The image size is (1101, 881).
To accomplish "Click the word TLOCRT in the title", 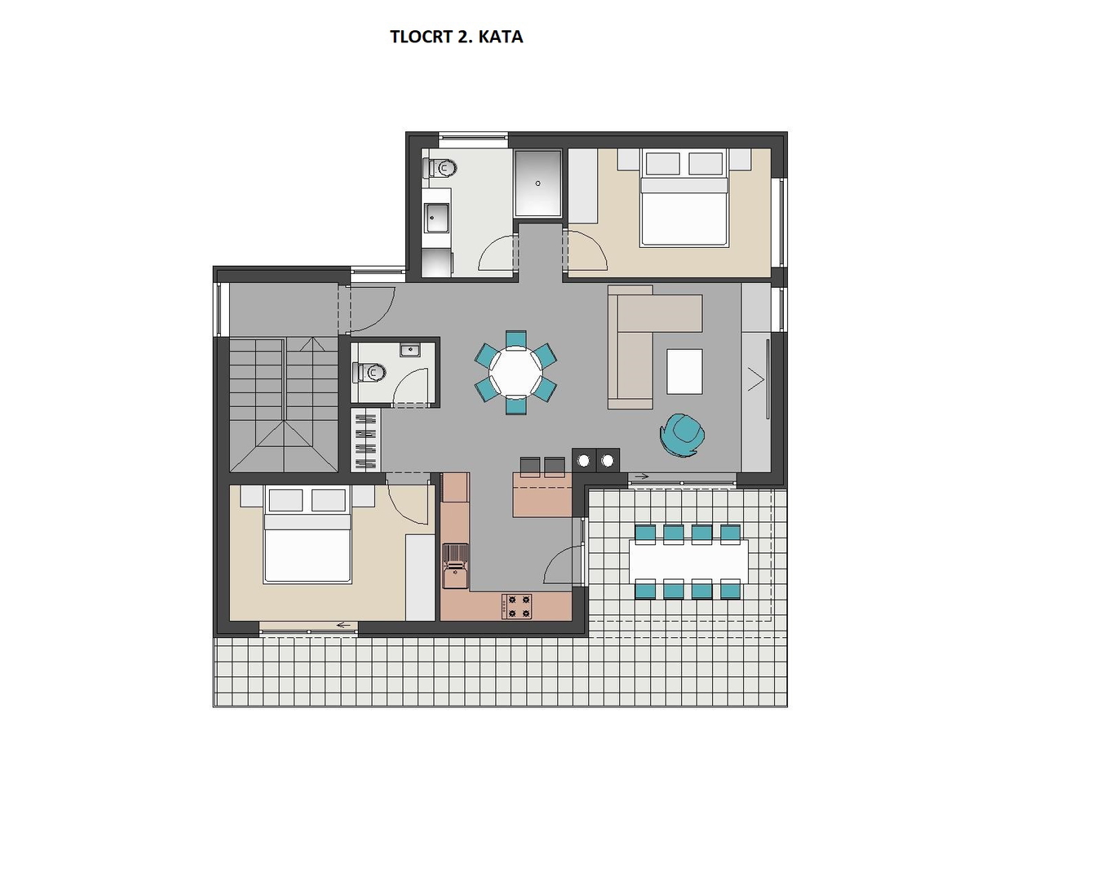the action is click(421, 37).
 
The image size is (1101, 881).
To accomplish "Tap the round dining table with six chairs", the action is click(515, 372).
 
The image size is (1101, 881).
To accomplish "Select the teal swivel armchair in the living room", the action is click(682, 434).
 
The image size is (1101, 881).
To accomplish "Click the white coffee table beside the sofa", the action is click(684, 372).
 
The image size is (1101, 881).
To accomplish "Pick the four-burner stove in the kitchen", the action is click(517, 606).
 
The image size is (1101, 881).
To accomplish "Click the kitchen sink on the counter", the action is click(455, 566).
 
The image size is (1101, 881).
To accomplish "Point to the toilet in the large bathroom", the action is click(440, 167).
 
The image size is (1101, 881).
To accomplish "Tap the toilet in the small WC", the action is click(369, 372).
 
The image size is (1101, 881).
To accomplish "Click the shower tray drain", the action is click(538, 184).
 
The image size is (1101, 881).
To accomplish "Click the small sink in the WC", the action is click(409, 350).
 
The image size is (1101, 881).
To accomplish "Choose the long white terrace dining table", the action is click(688, 561).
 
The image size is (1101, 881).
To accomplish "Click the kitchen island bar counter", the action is click(542, 495).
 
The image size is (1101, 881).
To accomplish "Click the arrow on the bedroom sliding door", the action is click(347, 625).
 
